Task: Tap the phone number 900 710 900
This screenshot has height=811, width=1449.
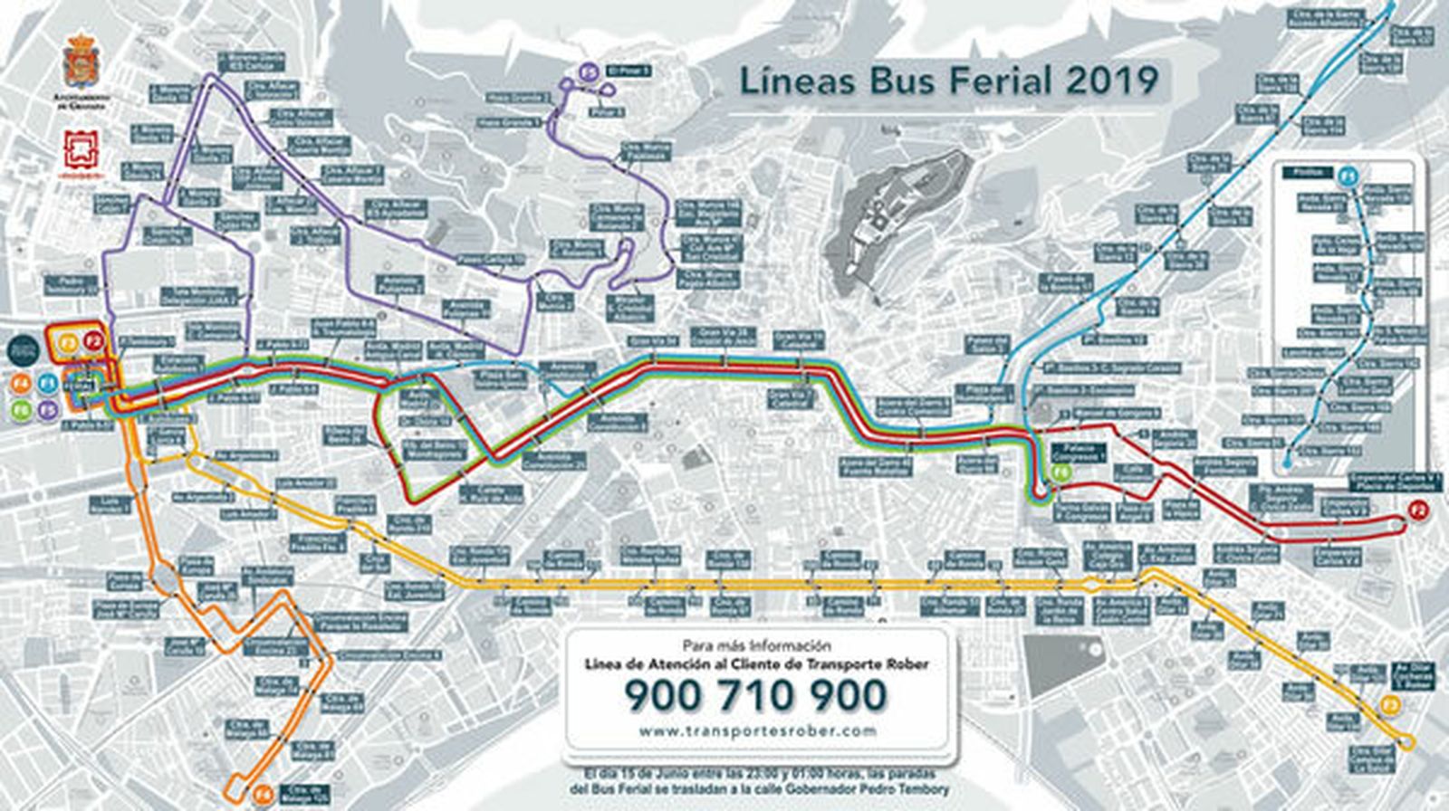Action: pyautogui.click(x=755, y=695)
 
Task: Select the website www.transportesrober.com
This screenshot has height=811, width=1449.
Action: pyautogui.click(x=757, y=730)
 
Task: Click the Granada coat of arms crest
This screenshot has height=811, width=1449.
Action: pyautogui.click(x=79, y=62)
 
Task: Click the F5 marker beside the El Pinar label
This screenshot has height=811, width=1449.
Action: pyautogui.click(x=589, y=69)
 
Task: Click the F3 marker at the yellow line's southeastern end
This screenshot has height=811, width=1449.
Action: pyautogui.click(x=1392, y=705)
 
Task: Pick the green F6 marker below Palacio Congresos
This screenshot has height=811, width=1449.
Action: pyautogui.click(x=1061, y=472)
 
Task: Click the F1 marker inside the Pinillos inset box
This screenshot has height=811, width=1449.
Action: pyautogui.click(x=1348, y=175)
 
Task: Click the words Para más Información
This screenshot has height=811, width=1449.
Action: pyautogui.click(x=756, y=645)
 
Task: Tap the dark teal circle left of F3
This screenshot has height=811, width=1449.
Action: pyautogui.click(x=23, y=350)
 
